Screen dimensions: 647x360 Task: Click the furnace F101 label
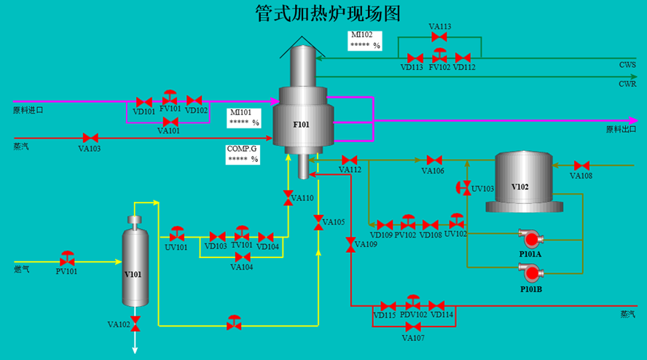pos(301,125)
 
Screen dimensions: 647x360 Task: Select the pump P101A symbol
pos(531,238)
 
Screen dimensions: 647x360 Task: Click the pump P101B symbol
pos(531,273)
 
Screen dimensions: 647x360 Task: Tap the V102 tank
pos(524,181)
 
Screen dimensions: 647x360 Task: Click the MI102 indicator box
pos(365,41)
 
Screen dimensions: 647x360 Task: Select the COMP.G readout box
pos(243,154)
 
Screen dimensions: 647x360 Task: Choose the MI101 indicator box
pos(243,117)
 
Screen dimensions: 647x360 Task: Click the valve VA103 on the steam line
pos(90,138)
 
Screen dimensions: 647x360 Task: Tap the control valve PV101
pos(67,259)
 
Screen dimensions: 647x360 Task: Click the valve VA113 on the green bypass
pos(439,37)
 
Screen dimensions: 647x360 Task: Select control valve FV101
pos(170,98)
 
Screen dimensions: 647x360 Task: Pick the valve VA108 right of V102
pos(581,165)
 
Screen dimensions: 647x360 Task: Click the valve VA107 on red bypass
pos(413,327)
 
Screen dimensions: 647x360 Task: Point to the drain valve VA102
pos(135,324)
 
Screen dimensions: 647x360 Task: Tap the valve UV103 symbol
pos(464,188)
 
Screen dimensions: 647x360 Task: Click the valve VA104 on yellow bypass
pos(242,257)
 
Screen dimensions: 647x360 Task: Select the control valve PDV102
pos(412,302)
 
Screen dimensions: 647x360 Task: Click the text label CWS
pos(627,65)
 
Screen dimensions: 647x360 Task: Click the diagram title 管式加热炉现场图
pos(328,13)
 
